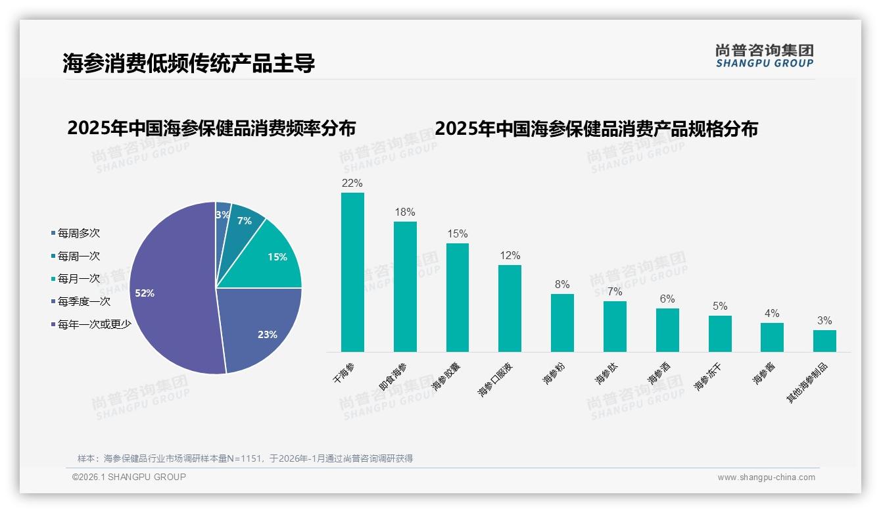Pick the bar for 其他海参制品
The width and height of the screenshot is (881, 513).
coord(824,341)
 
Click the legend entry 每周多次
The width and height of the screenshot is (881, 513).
coord(78,233)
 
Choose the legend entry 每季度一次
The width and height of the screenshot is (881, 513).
coord(83,301)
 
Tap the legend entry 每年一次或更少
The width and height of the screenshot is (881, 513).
coord(94,324)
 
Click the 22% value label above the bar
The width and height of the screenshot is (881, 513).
coord(352,183)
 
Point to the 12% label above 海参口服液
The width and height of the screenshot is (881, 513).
coord(510,255)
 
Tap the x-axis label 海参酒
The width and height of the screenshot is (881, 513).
coord(659,372)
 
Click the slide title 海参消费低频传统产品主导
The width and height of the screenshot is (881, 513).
coord(189,63)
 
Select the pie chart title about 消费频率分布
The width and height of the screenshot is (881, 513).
coord(211,128)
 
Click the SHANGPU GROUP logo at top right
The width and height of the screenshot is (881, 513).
coord(764,55)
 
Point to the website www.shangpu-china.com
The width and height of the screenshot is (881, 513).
coord(766,477)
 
